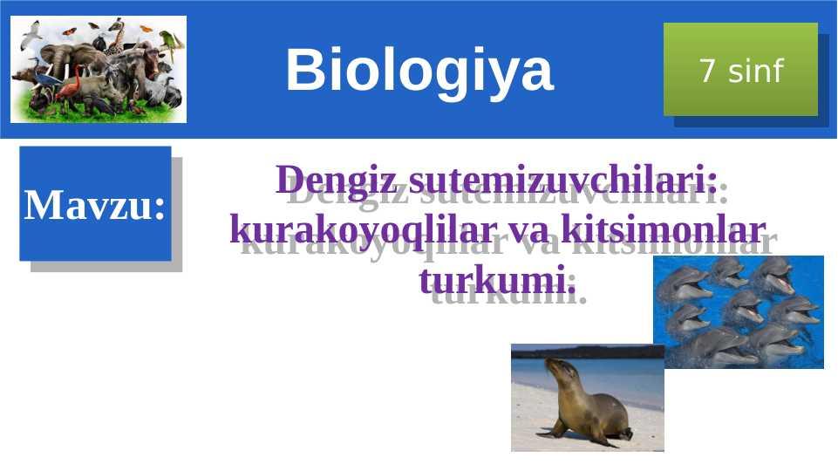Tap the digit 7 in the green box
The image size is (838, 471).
pyautogui.click(x=707, y=71)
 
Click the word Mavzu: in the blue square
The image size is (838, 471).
pyautogui.click(x=94, y=205)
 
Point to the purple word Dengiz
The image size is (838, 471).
pyautogui.click(x=337, y=181)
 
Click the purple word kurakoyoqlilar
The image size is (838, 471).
pyautogui.click(x=364, y=230)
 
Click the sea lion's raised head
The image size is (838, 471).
pyautogui.click(x=558, y=370)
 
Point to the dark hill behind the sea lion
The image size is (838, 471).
pyautogui.click(x=588, y=352)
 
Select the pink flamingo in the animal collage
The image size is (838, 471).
pyautogui.click(x=70, y=88)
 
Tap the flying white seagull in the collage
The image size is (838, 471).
pyautogui.click(x=32, y=33)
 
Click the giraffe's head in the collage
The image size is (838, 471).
pyautogui.click(x=117, y=24)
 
